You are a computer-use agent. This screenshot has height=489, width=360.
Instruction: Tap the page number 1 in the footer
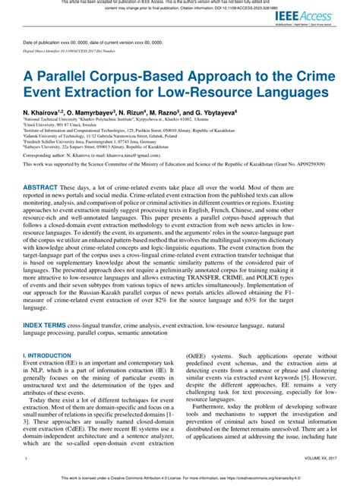point(26,460)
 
